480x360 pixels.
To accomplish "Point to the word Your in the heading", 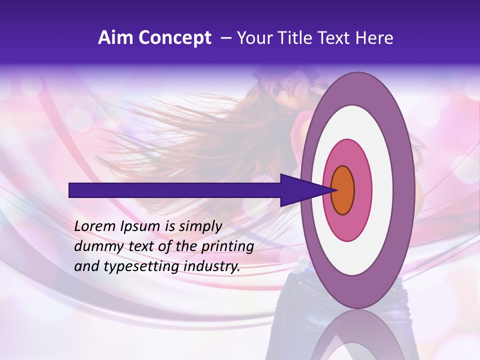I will click(x=253, y=38).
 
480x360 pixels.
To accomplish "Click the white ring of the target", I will click(x=382, y=190).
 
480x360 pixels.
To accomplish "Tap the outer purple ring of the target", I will click(x=406, y=190).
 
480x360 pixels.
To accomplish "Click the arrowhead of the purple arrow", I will click(x=305, y=190).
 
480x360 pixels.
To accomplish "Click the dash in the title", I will click(x=225, y=38).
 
